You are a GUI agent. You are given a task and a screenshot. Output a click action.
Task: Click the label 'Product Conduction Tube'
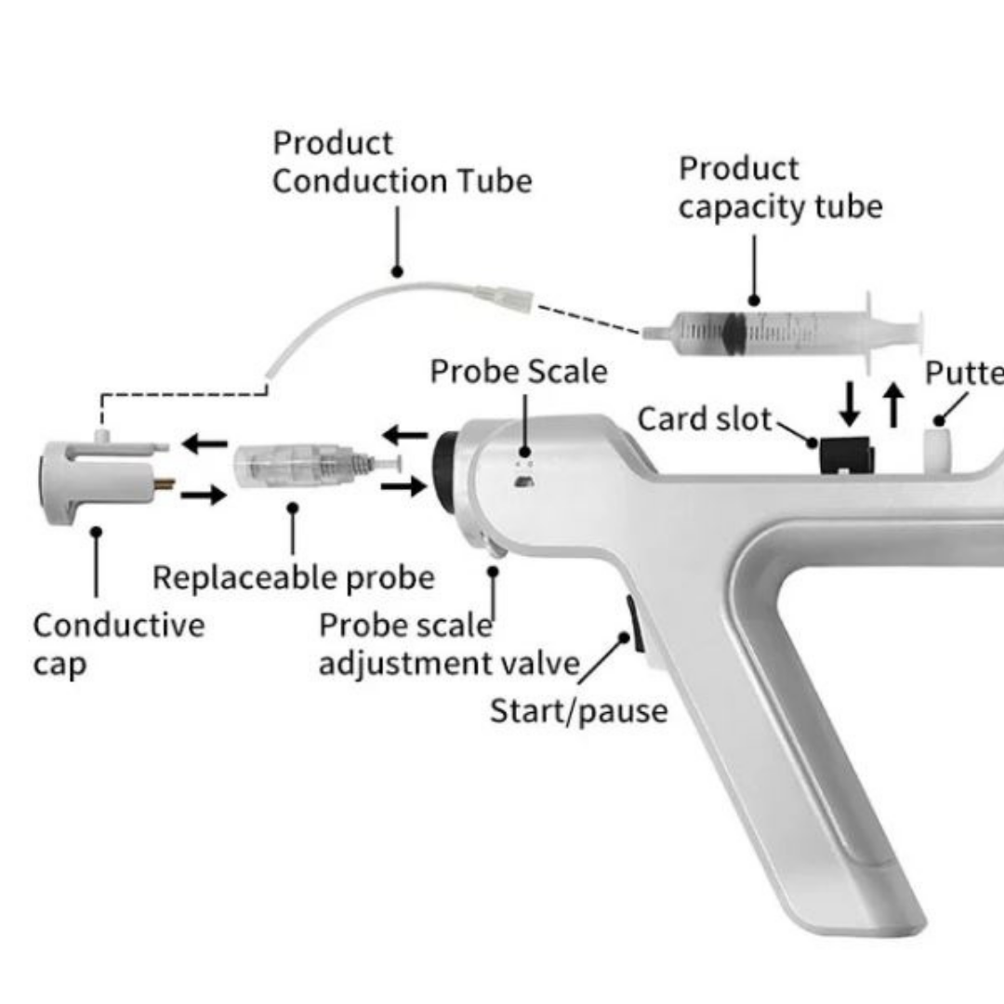(x=402, y=162)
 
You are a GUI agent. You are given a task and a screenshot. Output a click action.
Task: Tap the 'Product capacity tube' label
(x=779, y=188)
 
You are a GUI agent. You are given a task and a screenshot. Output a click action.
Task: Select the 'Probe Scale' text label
(x=518, y=372)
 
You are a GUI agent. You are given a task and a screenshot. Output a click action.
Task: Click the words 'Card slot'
(x=705, y=419)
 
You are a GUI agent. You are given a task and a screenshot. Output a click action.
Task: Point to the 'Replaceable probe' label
(x=293, y=577)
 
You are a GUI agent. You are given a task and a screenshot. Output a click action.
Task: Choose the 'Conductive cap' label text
(x=118, y=643)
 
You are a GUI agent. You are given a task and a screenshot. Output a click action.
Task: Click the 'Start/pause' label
(x=578, y=711)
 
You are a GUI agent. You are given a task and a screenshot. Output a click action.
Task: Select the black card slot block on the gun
(x=845, y=453)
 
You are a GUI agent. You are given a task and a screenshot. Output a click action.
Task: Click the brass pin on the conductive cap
(x=164, y=483)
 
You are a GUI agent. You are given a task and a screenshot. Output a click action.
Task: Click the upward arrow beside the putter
(x=893, y=405)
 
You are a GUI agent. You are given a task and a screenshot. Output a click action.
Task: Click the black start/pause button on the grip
(x=631, y=624)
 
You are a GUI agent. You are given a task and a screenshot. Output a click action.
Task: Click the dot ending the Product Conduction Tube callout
(x=397, y=272)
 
